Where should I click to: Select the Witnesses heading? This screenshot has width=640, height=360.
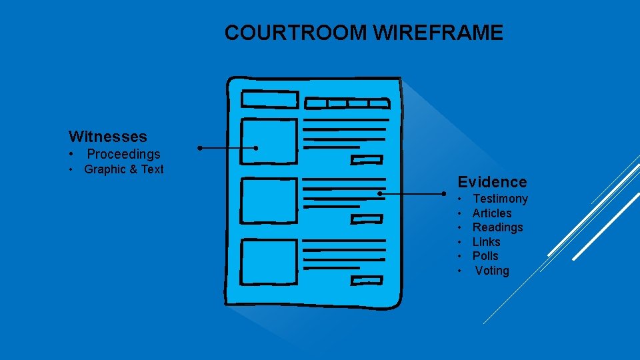pyautogui.click(x=107, y=137)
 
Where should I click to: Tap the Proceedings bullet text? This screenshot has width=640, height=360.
pyautogui.click(x=123, y=154)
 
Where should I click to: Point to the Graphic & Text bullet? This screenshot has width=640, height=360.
pyautogui.click(x=123, y=169)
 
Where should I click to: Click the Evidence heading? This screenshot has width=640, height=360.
pyautogui.click(x=491, y=182)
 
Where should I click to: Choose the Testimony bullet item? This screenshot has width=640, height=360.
pyautogui.click(x=500, y=199)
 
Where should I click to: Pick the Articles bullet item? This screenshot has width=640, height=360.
pyautogui.click(x=492, y=213)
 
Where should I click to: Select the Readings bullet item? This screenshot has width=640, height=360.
pyautogui.click(x=497, y=227)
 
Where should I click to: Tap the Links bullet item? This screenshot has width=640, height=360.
pyautogui.click(x=486, y=242)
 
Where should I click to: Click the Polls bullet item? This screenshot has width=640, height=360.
pyautogui.click(x=485, y=256)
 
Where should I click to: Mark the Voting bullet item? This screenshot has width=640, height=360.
pyautogui.click(x=492, y=271)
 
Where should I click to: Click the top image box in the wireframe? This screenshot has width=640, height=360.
pyautogui.click(x=269, y=141)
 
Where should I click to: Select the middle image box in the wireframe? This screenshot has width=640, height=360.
pyautogui.click(x=269, y=199)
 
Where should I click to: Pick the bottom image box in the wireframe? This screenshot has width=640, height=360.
pyautogui.click(x=269, y=261)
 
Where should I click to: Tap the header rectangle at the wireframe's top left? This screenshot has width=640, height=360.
pyautogui.click(x=269, y=100)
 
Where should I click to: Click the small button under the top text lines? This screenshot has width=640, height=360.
pyautogui.click(x=367, y=159)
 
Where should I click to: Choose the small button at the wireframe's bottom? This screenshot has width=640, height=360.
pyautogui.click(x=367, y=279)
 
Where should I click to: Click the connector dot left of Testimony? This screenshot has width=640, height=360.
pyautogui.click(x=444, y=194)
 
